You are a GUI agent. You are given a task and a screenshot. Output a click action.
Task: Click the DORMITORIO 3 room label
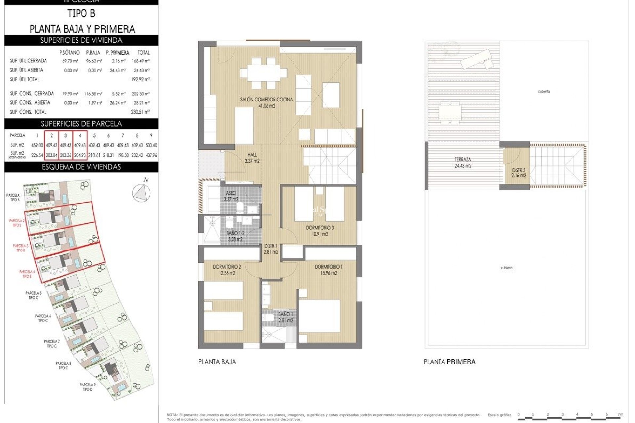click(x=319, y=231)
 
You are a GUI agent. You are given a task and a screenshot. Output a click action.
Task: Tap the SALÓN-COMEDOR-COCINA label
click(x=266, y=102)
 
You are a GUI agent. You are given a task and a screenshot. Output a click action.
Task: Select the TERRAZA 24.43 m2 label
click(x=463, y=163)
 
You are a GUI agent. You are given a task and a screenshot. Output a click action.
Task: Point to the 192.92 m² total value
click(x=140, y=79)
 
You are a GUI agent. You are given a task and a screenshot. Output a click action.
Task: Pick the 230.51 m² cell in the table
click(x=140, y=112)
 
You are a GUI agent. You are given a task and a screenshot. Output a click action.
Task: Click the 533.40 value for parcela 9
click(x=151, y=145)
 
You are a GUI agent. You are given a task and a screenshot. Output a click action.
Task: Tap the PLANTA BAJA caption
click(x=217, y=362)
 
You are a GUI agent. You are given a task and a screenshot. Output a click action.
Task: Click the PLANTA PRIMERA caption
click(x=449, y=362)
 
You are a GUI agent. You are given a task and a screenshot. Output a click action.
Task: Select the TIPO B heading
click(x=81, y=14)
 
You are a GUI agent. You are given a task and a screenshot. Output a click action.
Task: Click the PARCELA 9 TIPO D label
click(x=88, y=387)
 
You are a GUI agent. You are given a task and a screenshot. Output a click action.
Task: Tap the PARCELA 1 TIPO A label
click(x=14, y=197)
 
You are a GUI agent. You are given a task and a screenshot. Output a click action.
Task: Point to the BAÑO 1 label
click(x=285, y=317)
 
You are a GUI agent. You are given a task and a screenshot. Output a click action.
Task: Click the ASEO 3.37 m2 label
click(x=231, y=196)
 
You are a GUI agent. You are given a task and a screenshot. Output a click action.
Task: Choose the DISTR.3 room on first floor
click(x=518, y=173)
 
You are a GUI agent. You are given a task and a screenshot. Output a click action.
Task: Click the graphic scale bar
click(x=571, y=419)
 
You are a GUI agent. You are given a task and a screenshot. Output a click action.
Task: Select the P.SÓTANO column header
click(x=69, y=53)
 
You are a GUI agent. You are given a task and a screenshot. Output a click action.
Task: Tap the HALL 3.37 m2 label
click(x=252, y=158)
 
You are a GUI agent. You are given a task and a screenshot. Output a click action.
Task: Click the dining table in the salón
click(x=264, y=73)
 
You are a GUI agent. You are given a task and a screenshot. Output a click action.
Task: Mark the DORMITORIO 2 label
click(x=227, y=270)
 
